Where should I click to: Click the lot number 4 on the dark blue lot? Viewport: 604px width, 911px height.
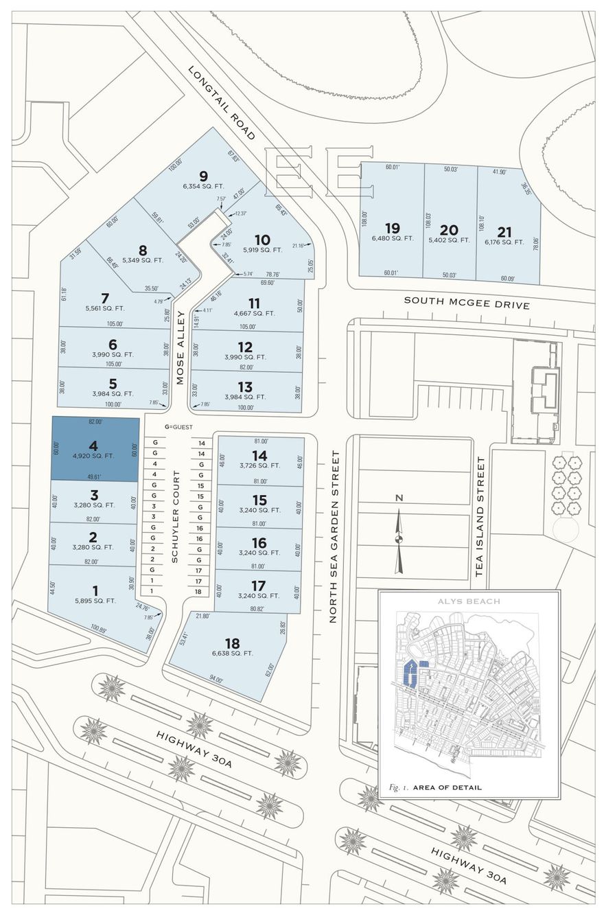tap(93, 446)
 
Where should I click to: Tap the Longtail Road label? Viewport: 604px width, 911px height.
tap(221, 102)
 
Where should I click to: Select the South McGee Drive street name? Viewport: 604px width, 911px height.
tap(467, 302)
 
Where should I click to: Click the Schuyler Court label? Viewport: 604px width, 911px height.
tap(175, 516)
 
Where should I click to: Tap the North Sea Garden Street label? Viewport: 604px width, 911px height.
tap(334, 536)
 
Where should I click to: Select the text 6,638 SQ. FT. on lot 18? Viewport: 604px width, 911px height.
tap(232, 653)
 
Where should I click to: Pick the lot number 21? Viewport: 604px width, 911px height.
tap(504, 232)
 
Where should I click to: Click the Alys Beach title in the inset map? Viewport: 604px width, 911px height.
tap(469, 601)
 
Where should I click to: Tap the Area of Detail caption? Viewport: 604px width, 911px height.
tap(447, 787)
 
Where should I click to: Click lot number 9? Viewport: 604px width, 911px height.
tap(203, 175)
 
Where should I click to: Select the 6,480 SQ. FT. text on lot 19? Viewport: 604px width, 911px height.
tap(393, 238)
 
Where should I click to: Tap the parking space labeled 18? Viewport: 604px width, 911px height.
tap(198, 591)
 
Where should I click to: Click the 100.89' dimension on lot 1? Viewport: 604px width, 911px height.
tap(99, 627)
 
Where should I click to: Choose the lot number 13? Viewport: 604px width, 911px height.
tap(245, 387)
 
